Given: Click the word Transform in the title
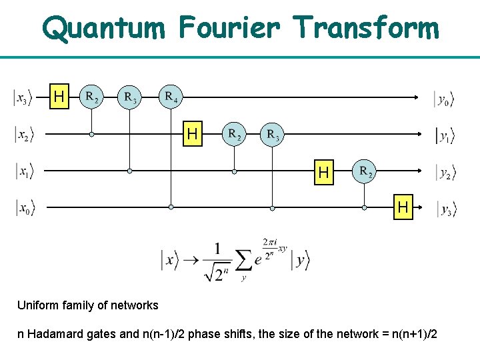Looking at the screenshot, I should tap(366, 28).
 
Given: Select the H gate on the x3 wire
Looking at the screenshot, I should tap(59, 97).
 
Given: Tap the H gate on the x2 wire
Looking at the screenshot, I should tap(193, 135).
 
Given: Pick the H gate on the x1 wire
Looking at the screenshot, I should tap(324, 173).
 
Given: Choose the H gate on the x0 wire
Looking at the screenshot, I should tap(403, 208).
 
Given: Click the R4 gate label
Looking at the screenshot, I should tap(171, 98).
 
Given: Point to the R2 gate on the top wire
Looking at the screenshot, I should tap(92, 97).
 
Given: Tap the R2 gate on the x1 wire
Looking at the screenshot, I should tap(365, 171).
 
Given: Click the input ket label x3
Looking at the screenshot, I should tap(21, 99).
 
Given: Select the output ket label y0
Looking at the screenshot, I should tap(444, 99).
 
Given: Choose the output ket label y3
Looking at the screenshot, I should tap(446, 209).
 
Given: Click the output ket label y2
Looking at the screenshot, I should tap(445, 173).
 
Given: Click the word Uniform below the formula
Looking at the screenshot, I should tap(37, 305).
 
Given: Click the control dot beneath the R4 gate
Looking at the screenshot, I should tap(171, 207).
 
